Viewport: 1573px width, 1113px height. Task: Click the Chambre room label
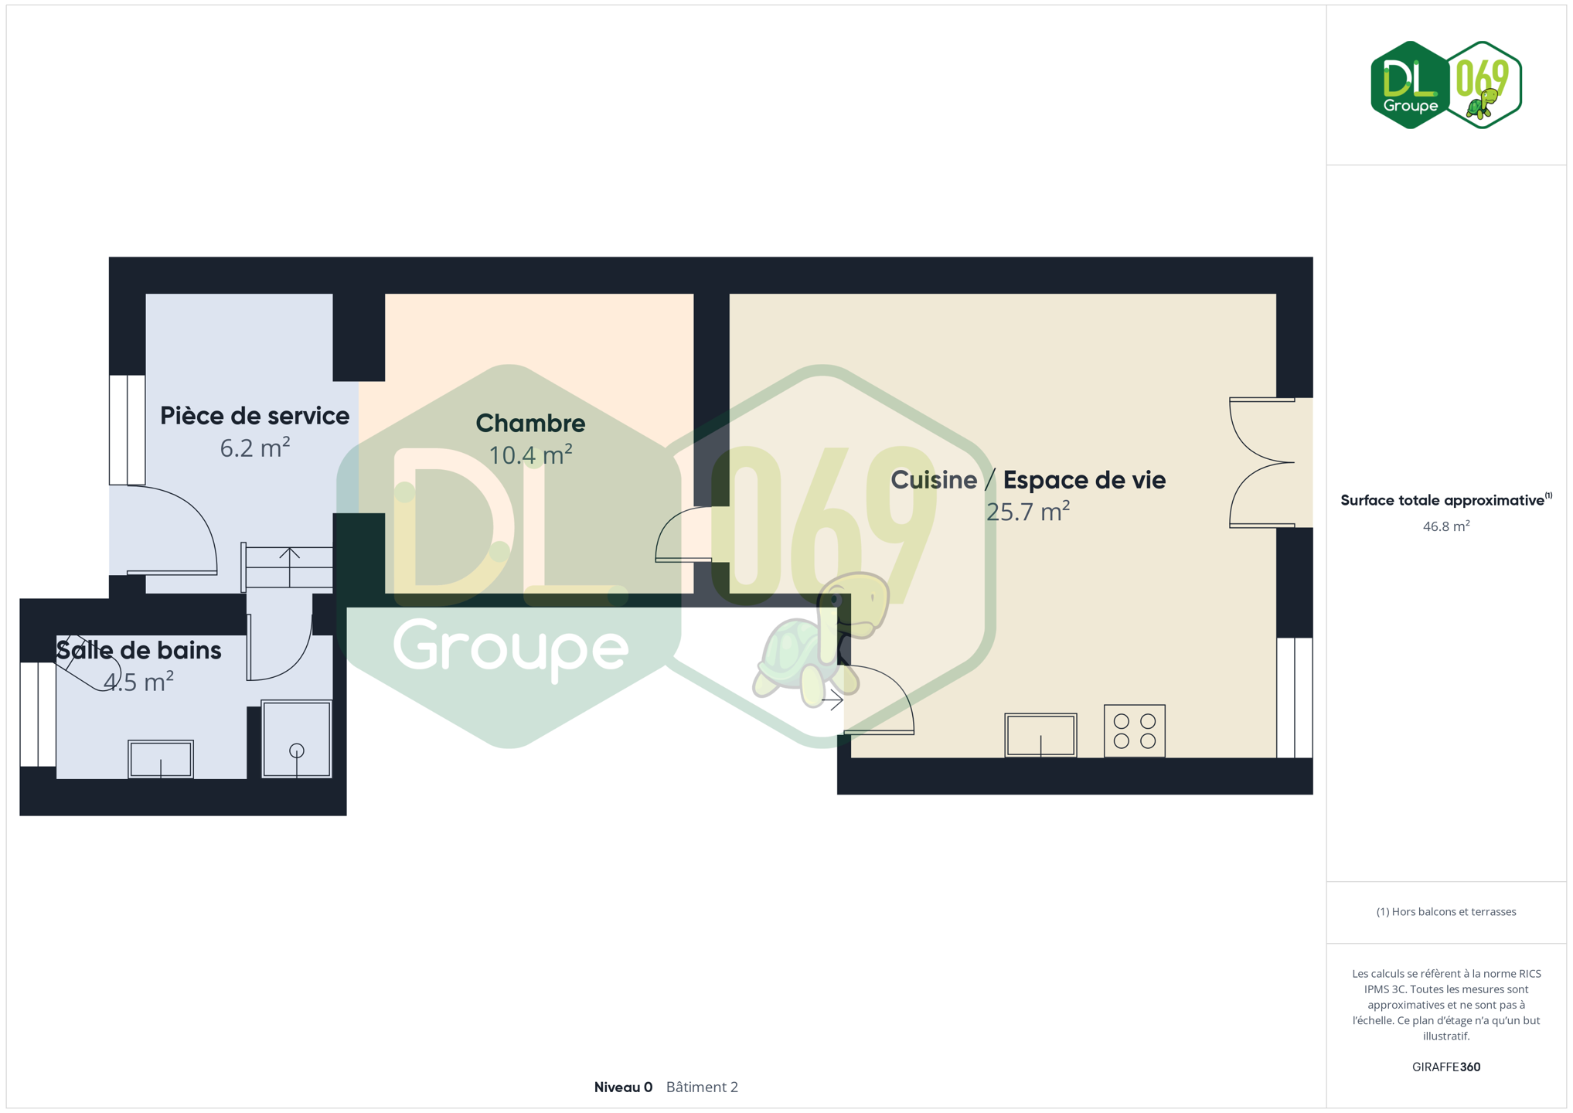(x=530, y=423)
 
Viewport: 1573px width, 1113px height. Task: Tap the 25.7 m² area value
(x=1027, y=512)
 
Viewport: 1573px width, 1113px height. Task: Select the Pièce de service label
(x=254, y=416)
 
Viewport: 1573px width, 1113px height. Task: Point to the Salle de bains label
(x=139, y=650)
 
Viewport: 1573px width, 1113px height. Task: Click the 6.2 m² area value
(x=254, y=448)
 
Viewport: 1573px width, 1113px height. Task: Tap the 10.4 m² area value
(x=530, y=454)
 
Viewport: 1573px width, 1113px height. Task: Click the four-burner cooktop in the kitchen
(x=1134, y=730)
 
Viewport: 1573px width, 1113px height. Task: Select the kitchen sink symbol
(x=1040, y=735)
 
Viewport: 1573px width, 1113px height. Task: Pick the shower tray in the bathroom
(x=297, y=739)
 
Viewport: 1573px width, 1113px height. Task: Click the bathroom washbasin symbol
(x=161, y=759)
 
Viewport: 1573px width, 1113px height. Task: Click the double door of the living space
(x=1261, y=463)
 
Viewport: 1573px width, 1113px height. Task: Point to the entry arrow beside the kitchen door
(x=832, y=701)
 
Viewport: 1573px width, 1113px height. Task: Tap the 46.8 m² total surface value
(x=1445, y=526)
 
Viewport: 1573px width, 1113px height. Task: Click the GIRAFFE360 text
(x=1445, y=1067)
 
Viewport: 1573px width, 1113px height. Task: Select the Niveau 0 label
(x=623, y=1087)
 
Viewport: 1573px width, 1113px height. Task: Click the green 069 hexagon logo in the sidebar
(x=1483, y=84)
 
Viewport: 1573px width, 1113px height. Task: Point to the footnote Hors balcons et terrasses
(x=1445, y=911)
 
